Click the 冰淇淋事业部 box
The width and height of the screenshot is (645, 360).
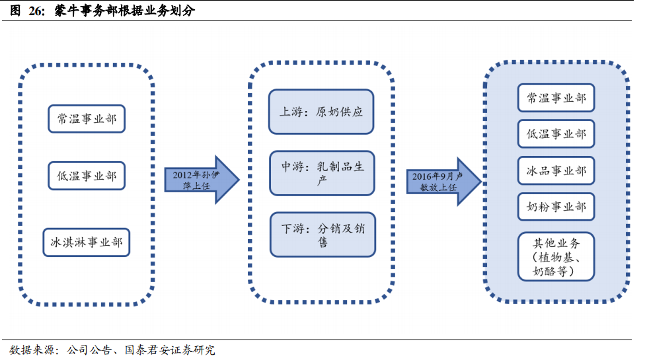[x=87, y=242]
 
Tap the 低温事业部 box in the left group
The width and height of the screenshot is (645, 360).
[x=87, y=176]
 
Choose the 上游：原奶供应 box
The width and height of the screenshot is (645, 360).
[x=321, y=112]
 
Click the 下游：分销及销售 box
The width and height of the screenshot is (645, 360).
[x=321, y=234]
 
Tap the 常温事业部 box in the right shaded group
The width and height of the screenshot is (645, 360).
[x=556, y=98]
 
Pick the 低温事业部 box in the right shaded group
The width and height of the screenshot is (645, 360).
[x=556, y=134]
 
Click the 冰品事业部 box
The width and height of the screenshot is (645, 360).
[x=556, y=170]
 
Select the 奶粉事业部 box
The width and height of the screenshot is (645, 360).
[x=556, y=207]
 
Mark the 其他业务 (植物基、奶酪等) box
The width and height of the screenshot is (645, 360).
[x=556, y=256]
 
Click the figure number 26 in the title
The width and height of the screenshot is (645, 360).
[x=34, y=11]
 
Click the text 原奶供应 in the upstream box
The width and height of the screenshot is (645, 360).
[x=339, y=112]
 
